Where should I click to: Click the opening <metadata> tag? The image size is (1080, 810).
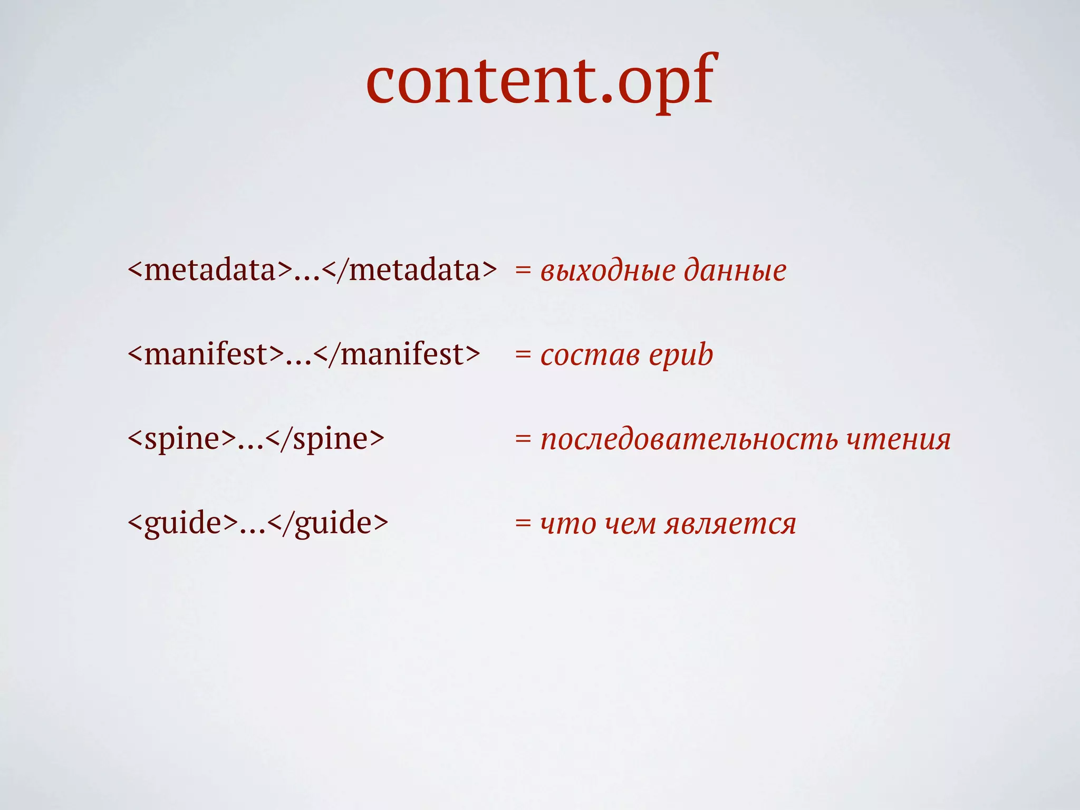point(210,270)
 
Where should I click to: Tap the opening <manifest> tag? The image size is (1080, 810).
point(206,354)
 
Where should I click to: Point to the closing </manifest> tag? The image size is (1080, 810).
point(397,354)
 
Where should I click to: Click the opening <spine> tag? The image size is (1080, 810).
point(182,439)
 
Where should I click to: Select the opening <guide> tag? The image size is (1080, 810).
point(183,523)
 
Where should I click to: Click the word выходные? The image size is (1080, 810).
point(608,271)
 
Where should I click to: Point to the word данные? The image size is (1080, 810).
point(735,271)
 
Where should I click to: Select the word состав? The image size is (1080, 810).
point(590,355)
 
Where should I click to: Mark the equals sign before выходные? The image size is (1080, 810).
point(523,271)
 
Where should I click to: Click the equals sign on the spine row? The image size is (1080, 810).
point(523,439)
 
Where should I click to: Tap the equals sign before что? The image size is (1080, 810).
point(523,524)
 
